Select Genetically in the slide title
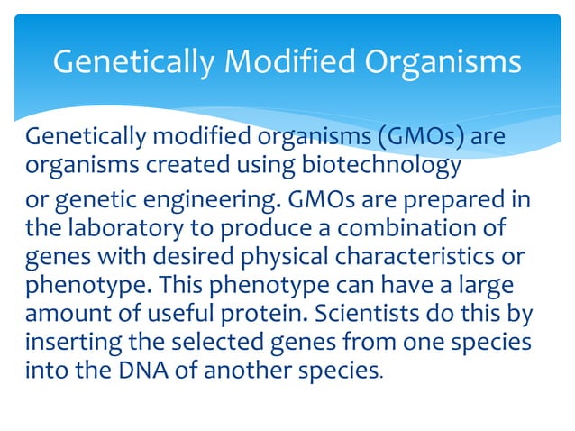tap(130, 62)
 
